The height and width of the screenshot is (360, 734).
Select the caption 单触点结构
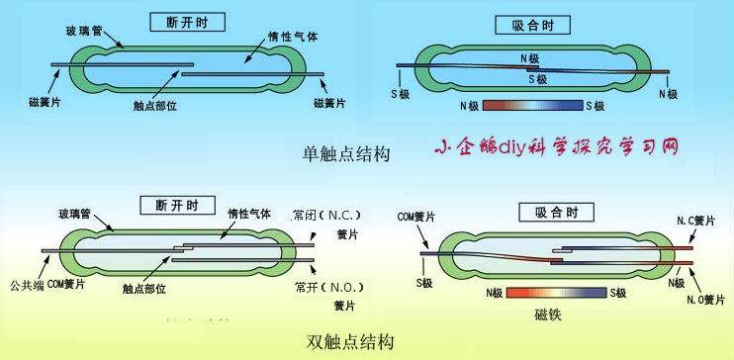(x=346, y=153)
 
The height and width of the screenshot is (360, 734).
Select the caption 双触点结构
(x=350, y=342)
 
